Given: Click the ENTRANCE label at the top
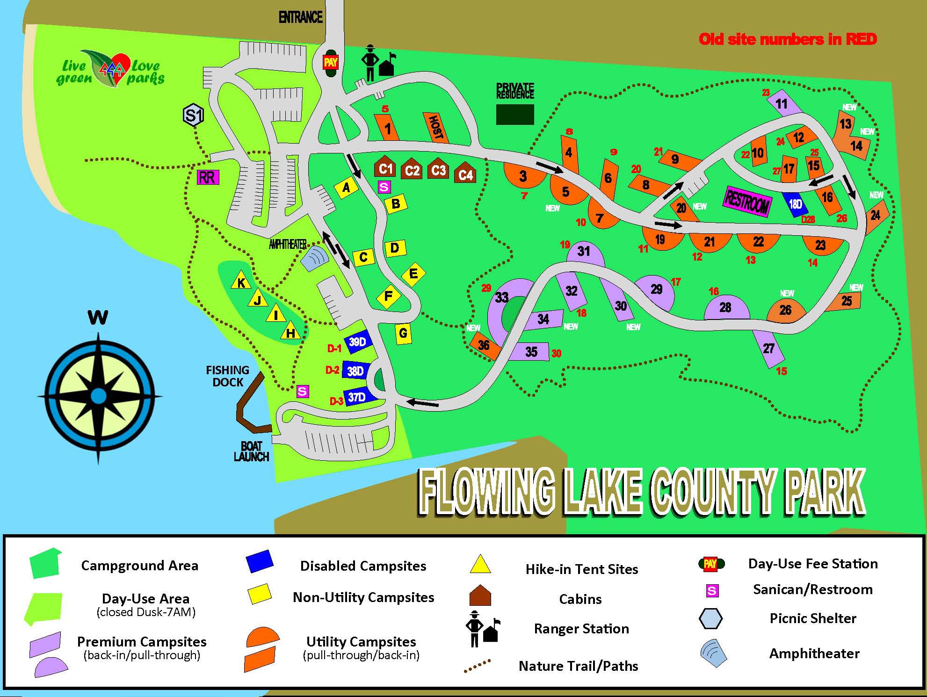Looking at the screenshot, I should point(300,18).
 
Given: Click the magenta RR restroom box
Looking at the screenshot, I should point(207,177).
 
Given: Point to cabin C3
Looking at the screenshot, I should point(439,170).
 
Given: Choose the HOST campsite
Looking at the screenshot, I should point(435,128).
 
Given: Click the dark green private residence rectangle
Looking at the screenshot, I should point(514,114).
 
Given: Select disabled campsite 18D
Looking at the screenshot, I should point(796,204).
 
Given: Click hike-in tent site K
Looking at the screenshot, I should point(241,282).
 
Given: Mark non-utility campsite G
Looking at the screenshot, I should point(403,334).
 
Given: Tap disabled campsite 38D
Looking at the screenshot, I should point(356,371).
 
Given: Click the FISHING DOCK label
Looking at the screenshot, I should point(227,376).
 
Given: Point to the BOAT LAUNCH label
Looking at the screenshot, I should point(251,451).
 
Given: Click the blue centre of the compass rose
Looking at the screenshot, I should point(98,396).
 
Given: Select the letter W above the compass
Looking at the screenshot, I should point(98,318).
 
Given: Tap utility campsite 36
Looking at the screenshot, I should point(484,346).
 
